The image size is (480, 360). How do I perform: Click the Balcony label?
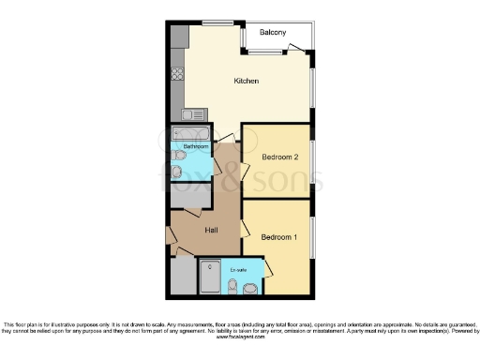click(273, 32)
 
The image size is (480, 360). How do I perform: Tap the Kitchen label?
click(246, 82)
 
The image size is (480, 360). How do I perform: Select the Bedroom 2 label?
click(279, 157)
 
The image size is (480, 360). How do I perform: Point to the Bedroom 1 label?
click(278, 236)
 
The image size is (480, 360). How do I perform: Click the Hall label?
click(200, 230)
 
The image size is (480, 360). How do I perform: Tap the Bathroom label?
click(195, 147)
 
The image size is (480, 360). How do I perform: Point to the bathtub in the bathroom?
click(194, 133)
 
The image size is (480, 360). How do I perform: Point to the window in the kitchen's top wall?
click(217, 22)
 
